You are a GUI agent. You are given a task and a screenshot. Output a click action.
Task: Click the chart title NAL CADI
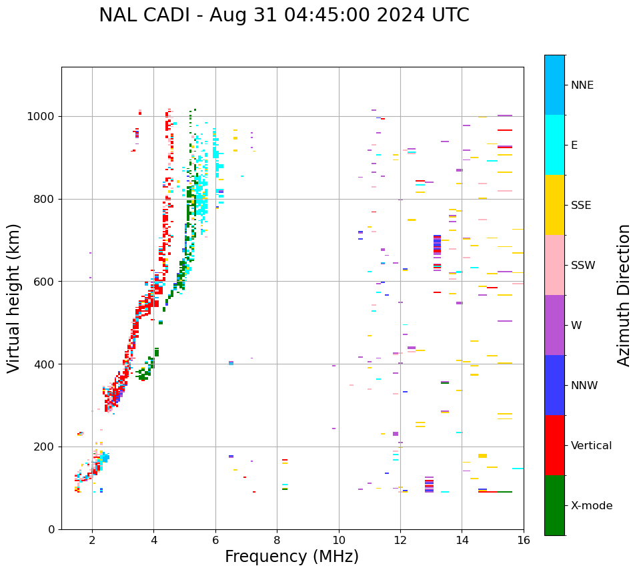[283, 15]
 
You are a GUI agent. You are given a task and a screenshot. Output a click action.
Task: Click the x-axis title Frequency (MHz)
[291, 557]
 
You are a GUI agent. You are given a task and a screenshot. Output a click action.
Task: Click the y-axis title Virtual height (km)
[14, 298]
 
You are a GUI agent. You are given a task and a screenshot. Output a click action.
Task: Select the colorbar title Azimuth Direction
[624, 295]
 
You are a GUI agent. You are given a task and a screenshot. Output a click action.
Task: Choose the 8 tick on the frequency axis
[277, 540]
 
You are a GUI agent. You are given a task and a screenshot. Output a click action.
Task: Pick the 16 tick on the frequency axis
[524, 540]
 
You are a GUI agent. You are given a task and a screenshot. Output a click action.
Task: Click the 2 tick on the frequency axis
[92, 540]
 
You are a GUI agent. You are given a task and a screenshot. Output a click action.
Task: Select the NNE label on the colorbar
[582, 85]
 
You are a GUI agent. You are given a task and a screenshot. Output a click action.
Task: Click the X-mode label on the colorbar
[592, 506]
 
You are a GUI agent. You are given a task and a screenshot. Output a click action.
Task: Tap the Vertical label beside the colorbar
[591, 446]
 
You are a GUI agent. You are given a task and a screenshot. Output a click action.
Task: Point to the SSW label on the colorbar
[583, 266]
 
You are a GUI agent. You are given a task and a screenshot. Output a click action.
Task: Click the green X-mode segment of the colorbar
[554, 505]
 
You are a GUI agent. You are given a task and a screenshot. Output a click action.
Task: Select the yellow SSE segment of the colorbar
[554, 205]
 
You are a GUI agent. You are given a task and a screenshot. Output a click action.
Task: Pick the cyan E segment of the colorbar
[554, 145]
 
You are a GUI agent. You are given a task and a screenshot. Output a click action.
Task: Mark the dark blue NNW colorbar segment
[554, 385]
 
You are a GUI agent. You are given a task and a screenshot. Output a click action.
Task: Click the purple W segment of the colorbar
[554, 325]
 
